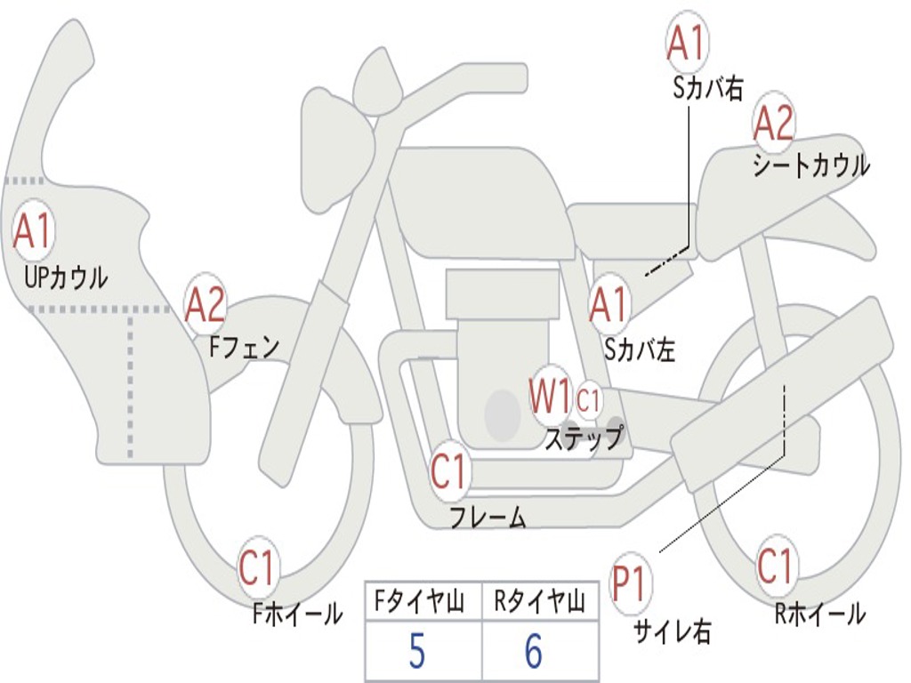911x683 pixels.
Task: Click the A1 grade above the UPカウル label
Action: pyautogui.click(x=34, y=231)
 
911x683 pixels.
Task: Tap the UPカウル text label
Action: pyautogui.click(x=65, y=278)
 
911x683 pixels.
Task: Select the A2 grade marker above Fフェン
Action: pyautogui.click(x=206, y=305)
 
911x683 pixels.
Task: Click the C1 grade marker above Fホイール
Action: pyautogui.click(x=258, y=568)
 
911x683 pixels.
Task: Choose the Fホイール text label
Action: pyautogui.click(x=297, y=614)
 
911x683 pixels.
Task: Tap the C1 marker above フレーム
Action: pyautogui.click(x=449, y=470)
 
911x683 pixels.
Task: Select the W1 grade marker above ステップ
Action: pyautogui.click(x=551, y=396)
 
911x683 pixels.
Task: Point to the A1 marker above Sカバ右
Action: pyautogui.click(x=687, y=42)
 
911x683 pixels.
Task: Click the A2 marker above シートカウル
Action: pyautogui.click(x=773, y=123)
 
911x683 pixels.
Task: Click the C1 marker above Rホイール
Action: pyautogui.click(x=775, y=566)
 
